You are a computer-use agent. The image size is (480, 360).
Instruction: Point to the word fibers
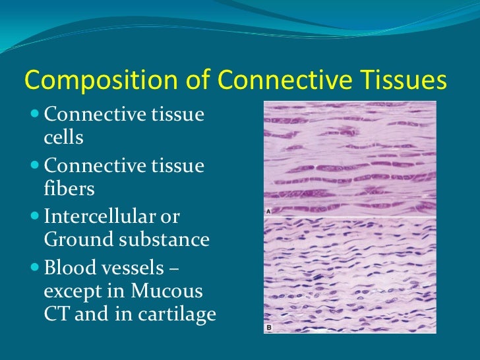tap(69, 189)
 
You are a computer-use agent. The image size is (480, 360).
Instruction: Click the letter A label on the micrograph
tap(270, 212)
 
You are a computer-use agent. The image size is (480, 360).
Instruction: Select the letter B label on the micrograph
tap(270, 327)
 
